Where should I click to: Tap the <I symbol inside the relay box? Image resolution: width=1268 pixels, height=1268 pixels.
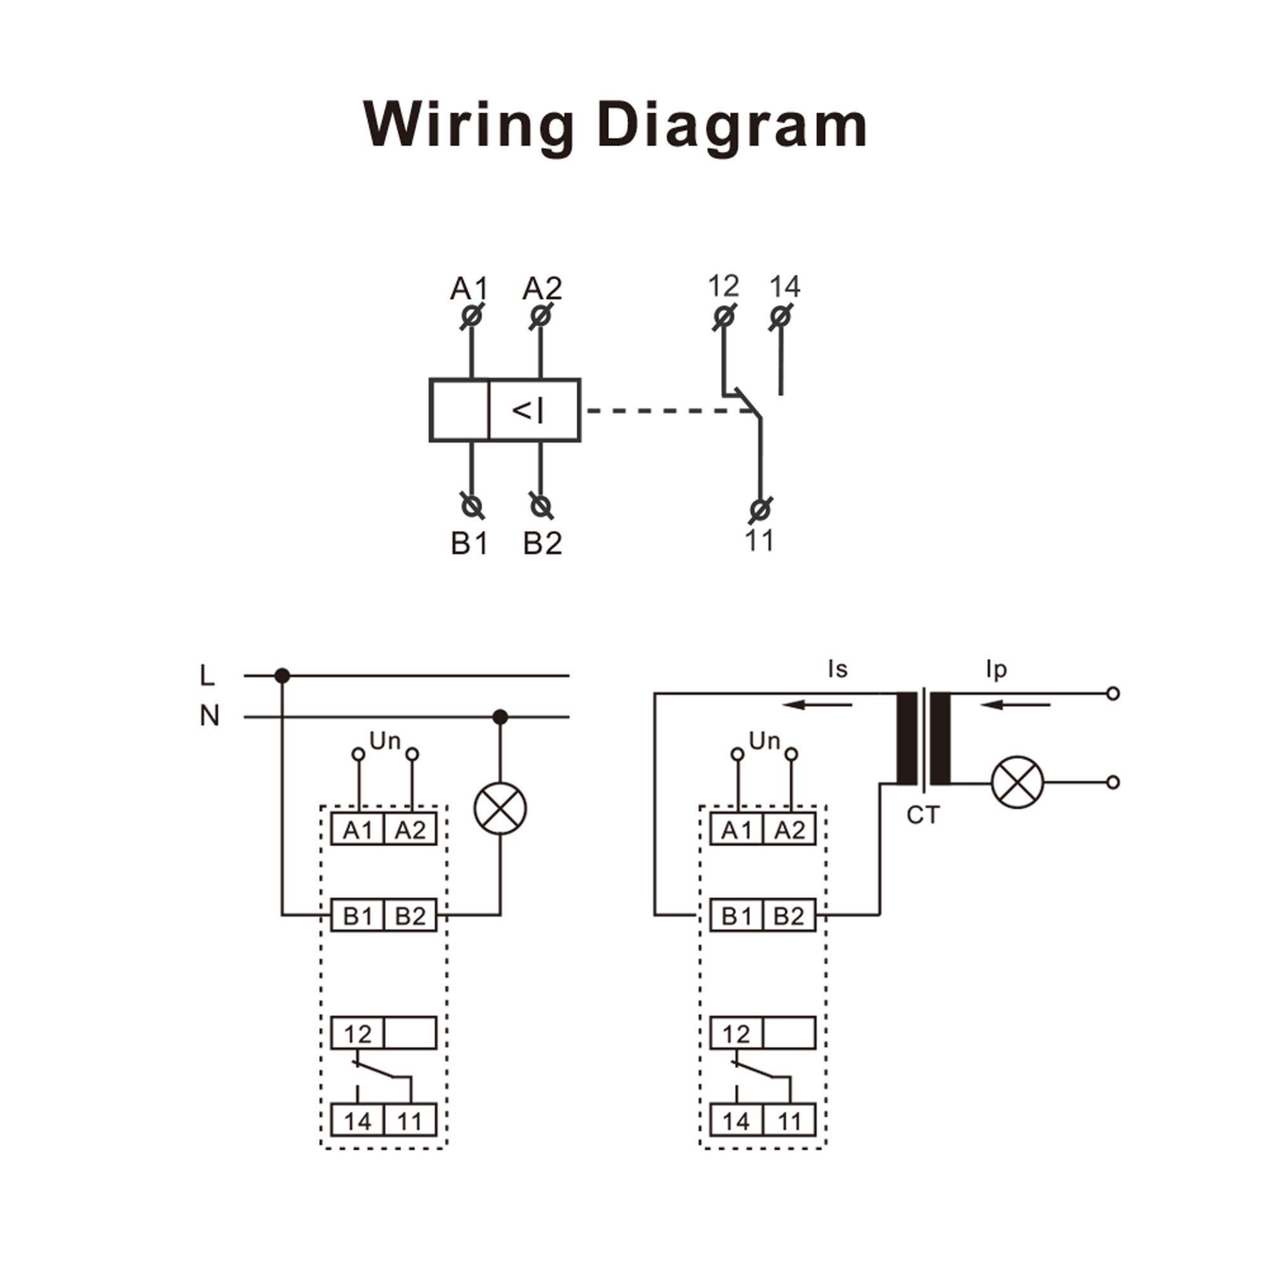[x=527, y=411]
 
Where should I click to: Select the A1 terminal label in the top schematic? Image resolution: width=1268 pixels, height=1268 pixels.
[x=469, y=288]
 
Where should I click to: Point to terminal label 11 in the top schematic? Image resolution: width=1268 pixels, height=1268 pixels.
[x=760, y=541]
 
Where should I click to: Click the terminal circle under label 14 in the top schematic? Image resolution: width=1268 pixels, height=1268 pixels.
[x=780, y=317]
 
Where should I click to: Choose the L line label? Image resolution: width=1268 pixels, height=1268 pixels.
[x=207, y=675]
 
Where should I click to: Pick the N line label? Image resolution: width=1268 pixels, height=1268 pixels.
[x=209, y=716]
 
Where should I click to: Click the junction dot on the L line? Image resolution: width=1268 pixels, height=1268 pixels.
[x=282, y=675]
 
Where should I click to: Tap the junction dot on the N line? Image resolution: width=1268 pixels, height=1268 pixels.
[x=500, y=716]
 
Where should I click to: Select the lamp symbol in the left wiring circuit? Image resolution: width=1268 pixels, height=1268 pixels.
[x=500, y=808]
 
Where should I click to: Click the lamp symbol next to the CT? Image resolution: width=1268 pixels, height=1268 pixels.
[x=1018, y=782]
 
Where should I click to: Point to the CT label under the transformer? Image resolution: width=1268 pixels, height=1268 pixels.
[x=922, y=816]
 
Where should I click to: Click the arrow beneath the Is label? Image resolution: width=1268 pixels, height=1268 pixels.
[x=817, y=706]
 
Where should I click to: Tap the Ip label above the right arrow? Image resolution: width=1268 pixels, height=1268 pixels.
[x=995, y=670]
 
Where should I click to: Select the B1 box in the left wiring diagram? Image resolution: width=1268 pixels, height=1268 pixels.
[x=357, y=915]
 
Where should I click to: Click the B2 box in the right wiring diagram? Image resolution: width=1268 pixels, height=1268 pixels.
[x=789, y=915]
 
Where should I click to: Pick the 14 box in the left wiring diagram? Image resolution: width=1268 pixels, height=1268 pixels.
[x=357, y=1122]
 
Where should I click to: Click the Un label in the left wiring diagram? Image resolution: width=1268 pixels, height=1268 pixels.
[x=385, y=741]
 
